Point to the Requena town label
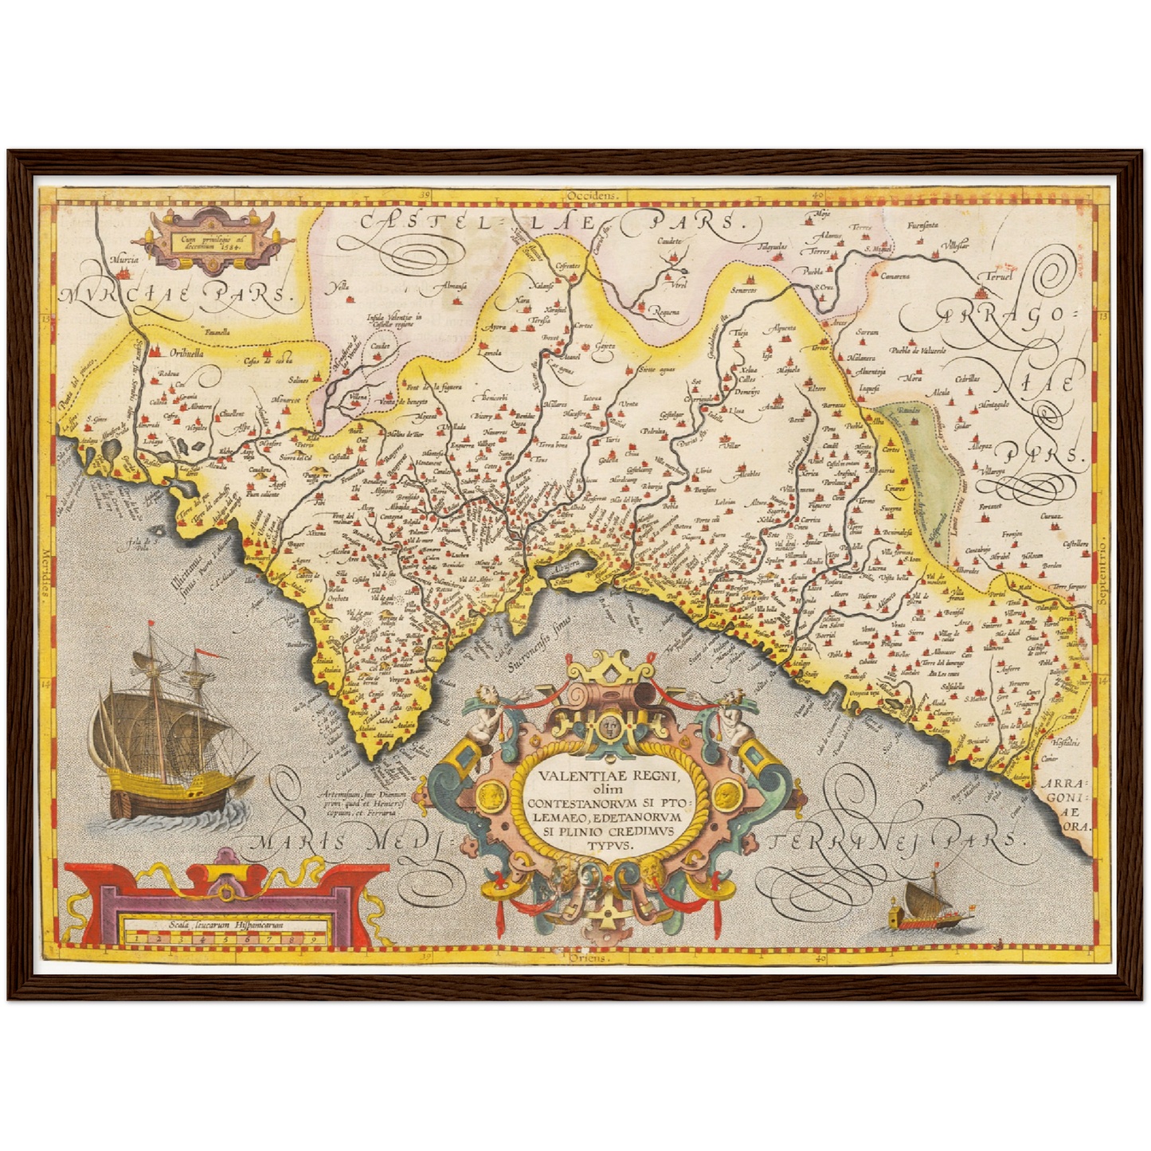[x=666, y=311]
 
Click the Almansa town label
[x=453, y=286]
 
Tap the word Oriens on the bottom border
[x=589, y=959]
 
